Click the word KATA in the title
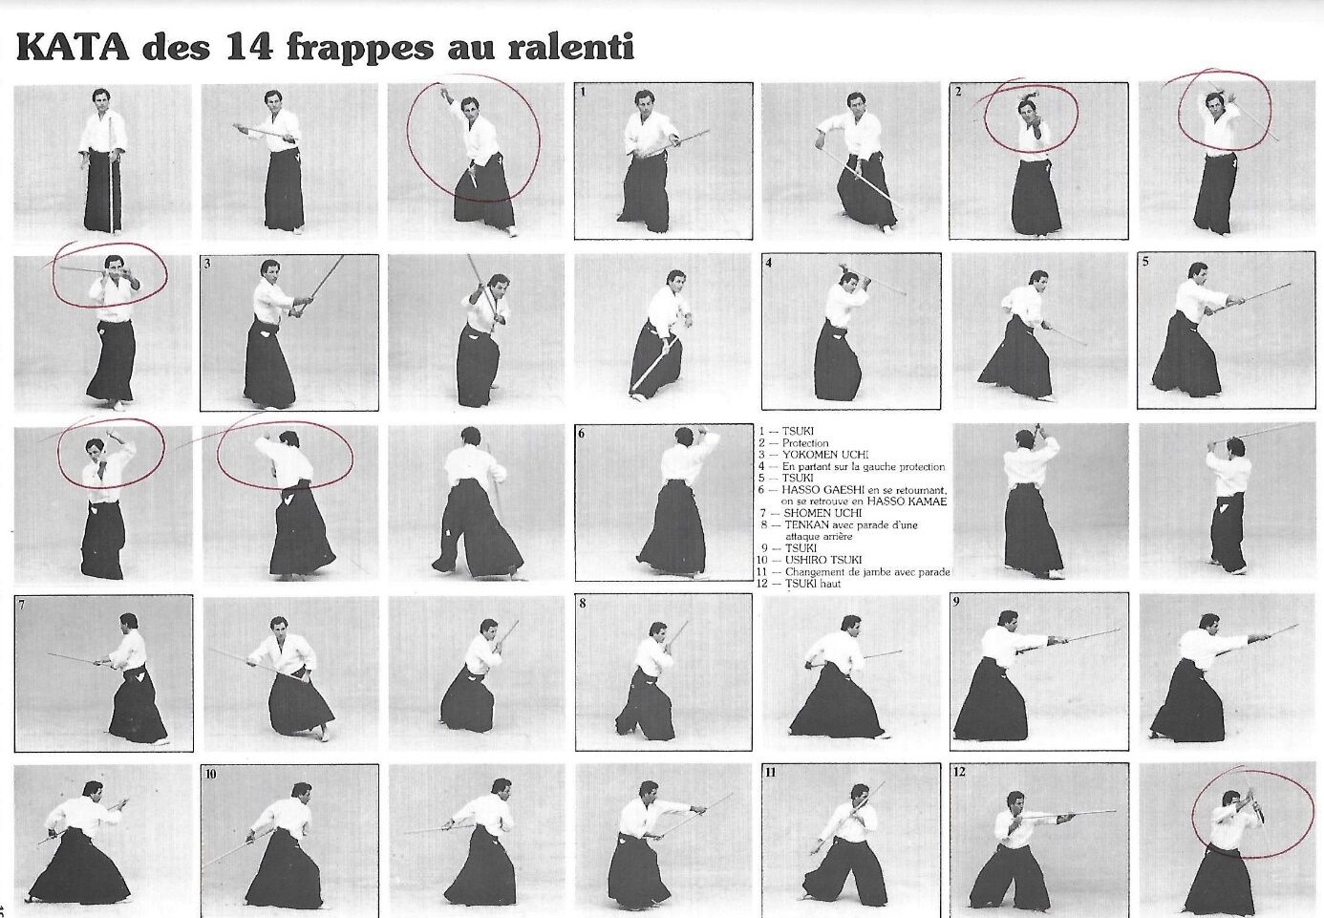(72, 48)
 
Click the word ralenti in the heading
(569, 48)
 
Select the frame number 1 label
(583, 92)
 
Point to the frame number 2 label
(958, 92)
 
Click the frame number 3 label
(207, 264)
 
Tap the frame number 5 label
(1145, 262)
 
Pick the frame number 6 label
(581, 434)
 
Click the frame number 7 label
(22, 605)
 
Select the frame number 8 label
(582, 604)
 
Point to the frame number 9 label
(956, 603)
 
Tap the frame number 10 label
(211, 775)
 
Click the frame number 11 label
(771, 773)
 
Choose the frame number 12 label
(959, 772)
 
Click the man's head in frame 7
(128, 623)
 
